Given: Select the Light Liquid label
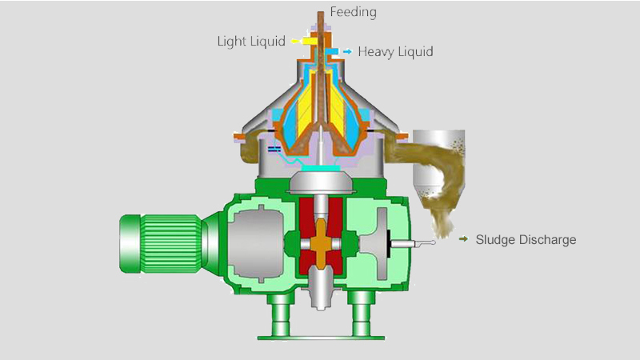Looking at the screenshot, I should pos(251,41).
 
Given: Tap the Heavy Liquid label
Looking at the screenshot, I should pos(395,52).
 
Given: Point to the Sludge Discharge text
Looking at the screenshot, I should pos(526,239).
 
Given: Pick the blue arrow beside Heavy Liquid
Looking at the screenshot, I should pos(346,52).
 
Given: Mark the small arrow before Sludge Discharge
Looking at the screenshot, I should pos(463,239).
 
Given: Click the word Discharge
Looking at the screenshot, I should pos(546,239).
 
